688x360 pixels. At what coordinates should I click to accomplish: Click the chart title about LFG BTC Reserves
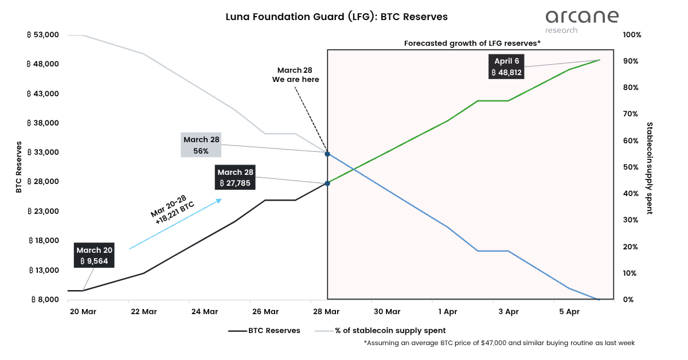[337, 17]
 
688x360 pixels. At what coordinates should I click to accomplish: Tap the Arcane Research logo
[581, 21]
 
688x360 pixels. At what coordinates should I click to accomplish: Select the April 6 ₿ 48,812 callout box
[506, 66]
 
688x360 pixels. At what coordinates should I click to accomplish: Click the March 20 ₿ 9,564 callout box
[95, 255]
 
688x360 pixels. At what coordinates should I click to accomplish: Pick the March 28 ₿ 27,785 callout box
[235, 178]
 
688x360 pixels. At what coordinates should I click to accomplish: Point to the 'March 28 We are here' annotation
[295, 75]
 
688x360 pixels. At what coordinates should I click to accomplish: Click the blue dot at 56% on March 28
[327, 154]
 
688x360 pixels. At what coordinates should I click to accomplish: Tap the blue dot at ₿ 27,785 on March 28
[327, 183]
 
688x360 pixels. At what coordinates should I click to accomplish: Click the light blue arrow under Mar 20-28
[175, 224]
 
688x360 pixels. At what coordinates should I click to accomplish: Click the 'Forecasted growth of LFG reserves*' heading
[472, 43]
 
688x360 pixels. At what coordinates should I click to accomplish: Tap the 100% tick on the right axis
[632, 35]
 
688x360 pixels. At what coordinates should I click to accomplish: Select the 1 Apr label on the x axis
[448, 312]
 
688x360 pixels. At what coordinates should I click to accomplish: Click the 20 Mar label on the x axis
[83, 312]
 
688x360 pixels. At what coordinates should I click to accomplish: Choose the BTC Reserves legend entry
[264, 331]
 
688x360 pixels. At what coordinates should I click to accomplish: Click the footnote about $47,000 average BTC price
[499, 343]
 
